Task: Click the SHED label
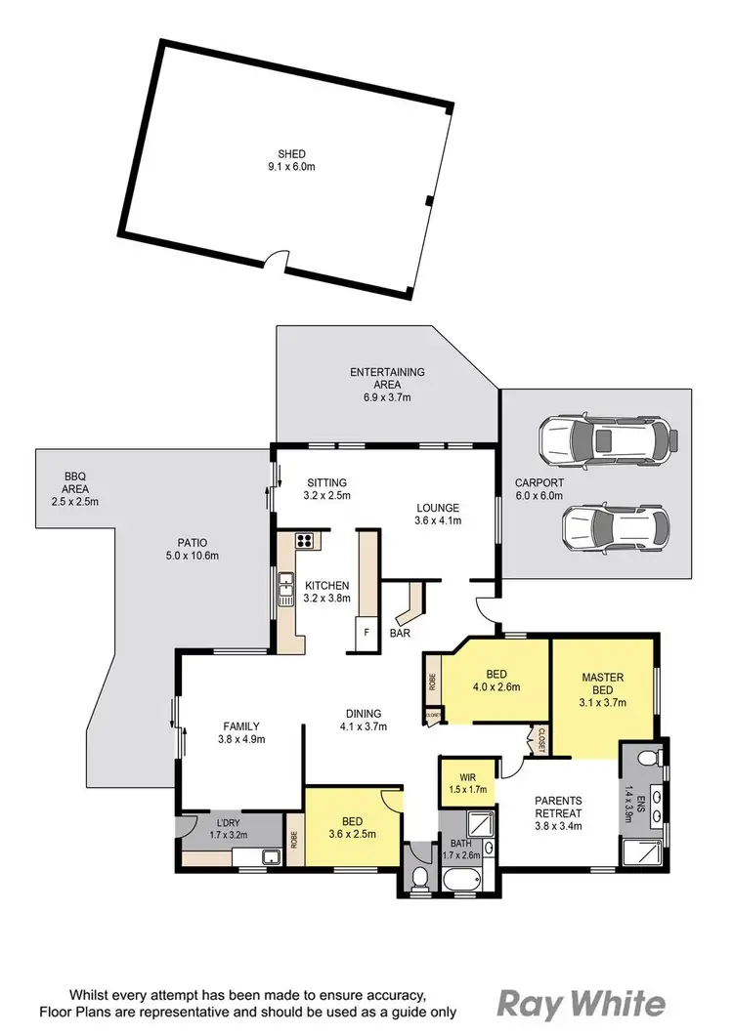pos(292,153)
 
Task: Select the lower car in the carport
pos(616,526)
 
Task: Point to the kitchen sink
pos(286,589)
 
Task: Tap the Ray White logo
pos(582,1003)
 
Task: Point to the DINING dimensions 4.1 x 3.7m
pos(363,725)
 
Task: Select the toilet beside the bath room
pos(418,877)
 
